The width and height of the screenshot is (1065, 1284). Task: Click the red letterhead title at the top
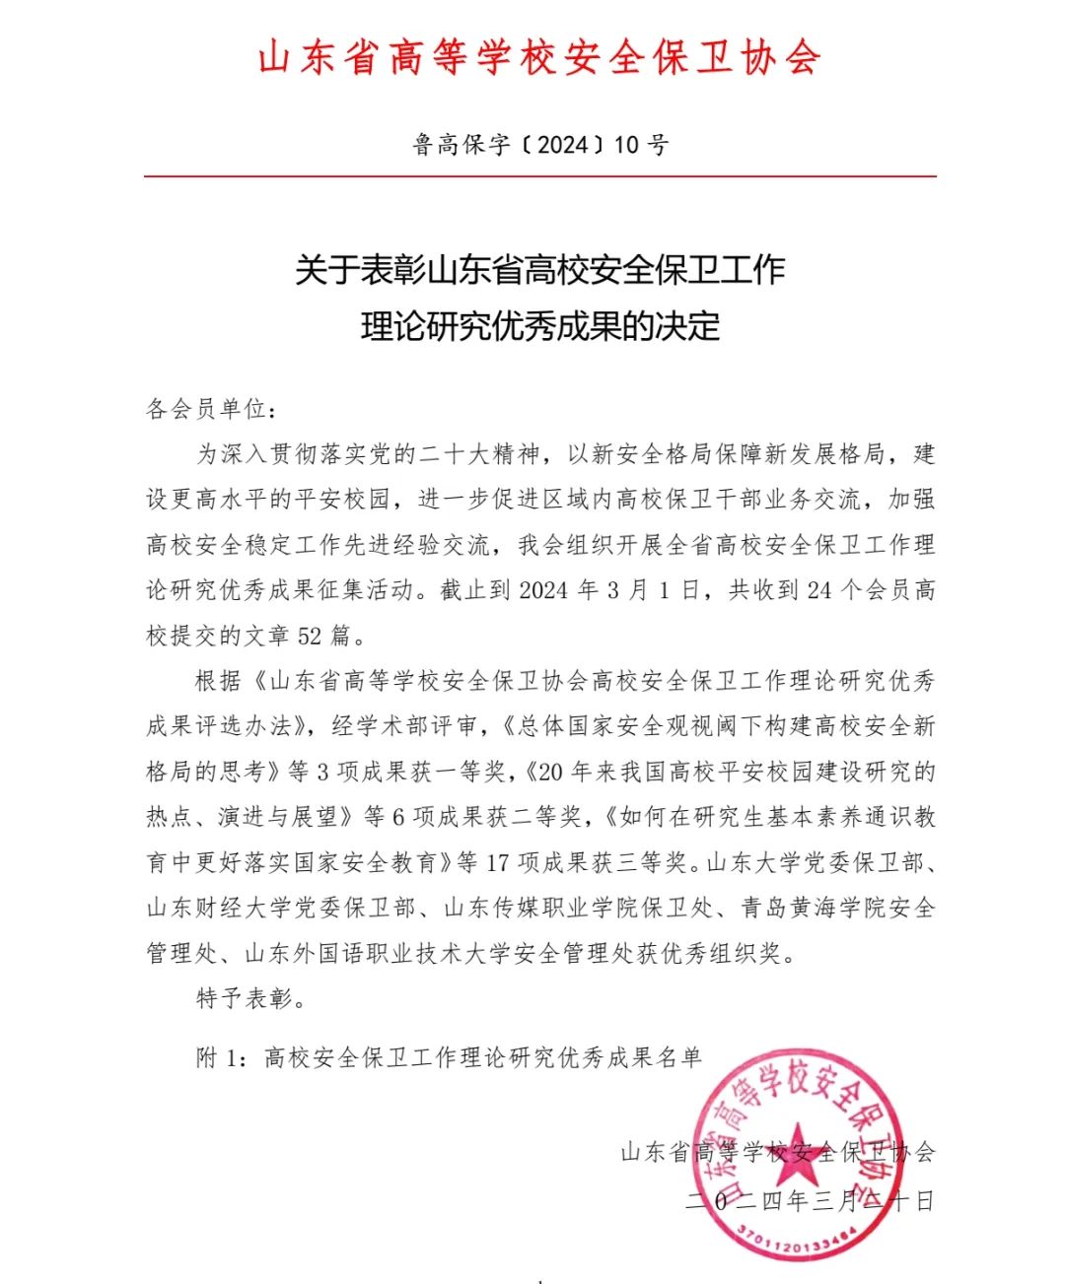(x=539, y=57)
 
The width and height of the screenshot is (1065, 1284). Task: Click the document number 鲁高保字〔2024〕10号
(x=539, y=146)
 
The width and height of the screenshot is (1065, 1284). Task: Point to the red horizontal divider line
(x=539, y=176)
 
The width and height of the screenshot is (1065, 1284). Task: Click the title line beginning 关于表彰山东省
(x=539, y=269)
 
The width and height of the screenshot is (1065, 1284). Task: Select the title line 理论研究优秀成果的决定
(x=539, y=326)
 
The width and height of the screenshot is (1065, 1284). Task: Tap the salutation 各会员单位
(x=205, y=409)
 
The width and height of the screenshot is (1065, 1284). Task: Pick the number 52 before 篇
(x=310, y=636)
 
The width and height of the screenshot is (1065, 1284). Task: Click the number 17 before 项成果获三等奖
(x=497, y=862)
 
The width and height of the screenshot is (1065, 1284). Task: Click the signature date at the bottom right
(x=810, y=1201)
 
